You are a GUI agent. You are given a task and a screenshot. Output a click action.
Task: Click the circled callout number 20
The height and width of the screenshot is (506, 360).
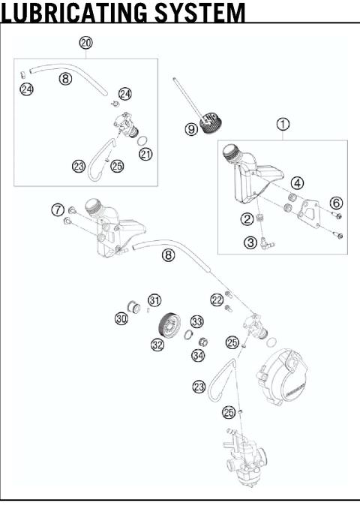[x=86, y=44]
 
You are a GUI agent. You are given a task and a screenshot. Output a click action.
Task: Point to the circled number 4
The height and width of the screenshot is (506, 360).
[x=298, y=182]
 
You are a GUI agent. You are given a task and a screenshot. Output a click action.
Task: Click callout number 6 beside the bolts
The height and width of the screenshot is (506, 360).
[x=336, y=203]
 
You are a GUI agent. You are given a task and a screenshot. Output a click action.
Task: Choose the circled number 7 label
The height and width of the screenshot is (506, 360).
[x=57, y=209]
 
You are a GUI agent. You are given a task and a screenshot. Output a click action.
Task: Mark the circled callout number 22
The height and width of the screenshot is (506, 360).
[x=217, y=299]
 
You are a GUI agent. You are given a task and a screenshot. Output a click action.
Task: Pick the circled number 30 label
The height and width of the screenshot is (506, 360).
[x=121, y=319]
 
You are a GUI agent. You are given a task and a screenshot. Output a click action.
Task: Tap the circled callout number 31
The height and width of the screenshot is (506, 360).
[x=154, y=300]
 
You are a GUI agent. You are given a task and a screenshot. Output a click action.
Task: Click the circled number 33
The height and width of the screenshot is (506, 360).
[x=196, y=321]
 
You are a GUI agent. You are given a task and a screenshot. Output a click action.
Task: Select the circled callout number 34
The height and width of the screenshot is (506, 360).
[x=199, y=354]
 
